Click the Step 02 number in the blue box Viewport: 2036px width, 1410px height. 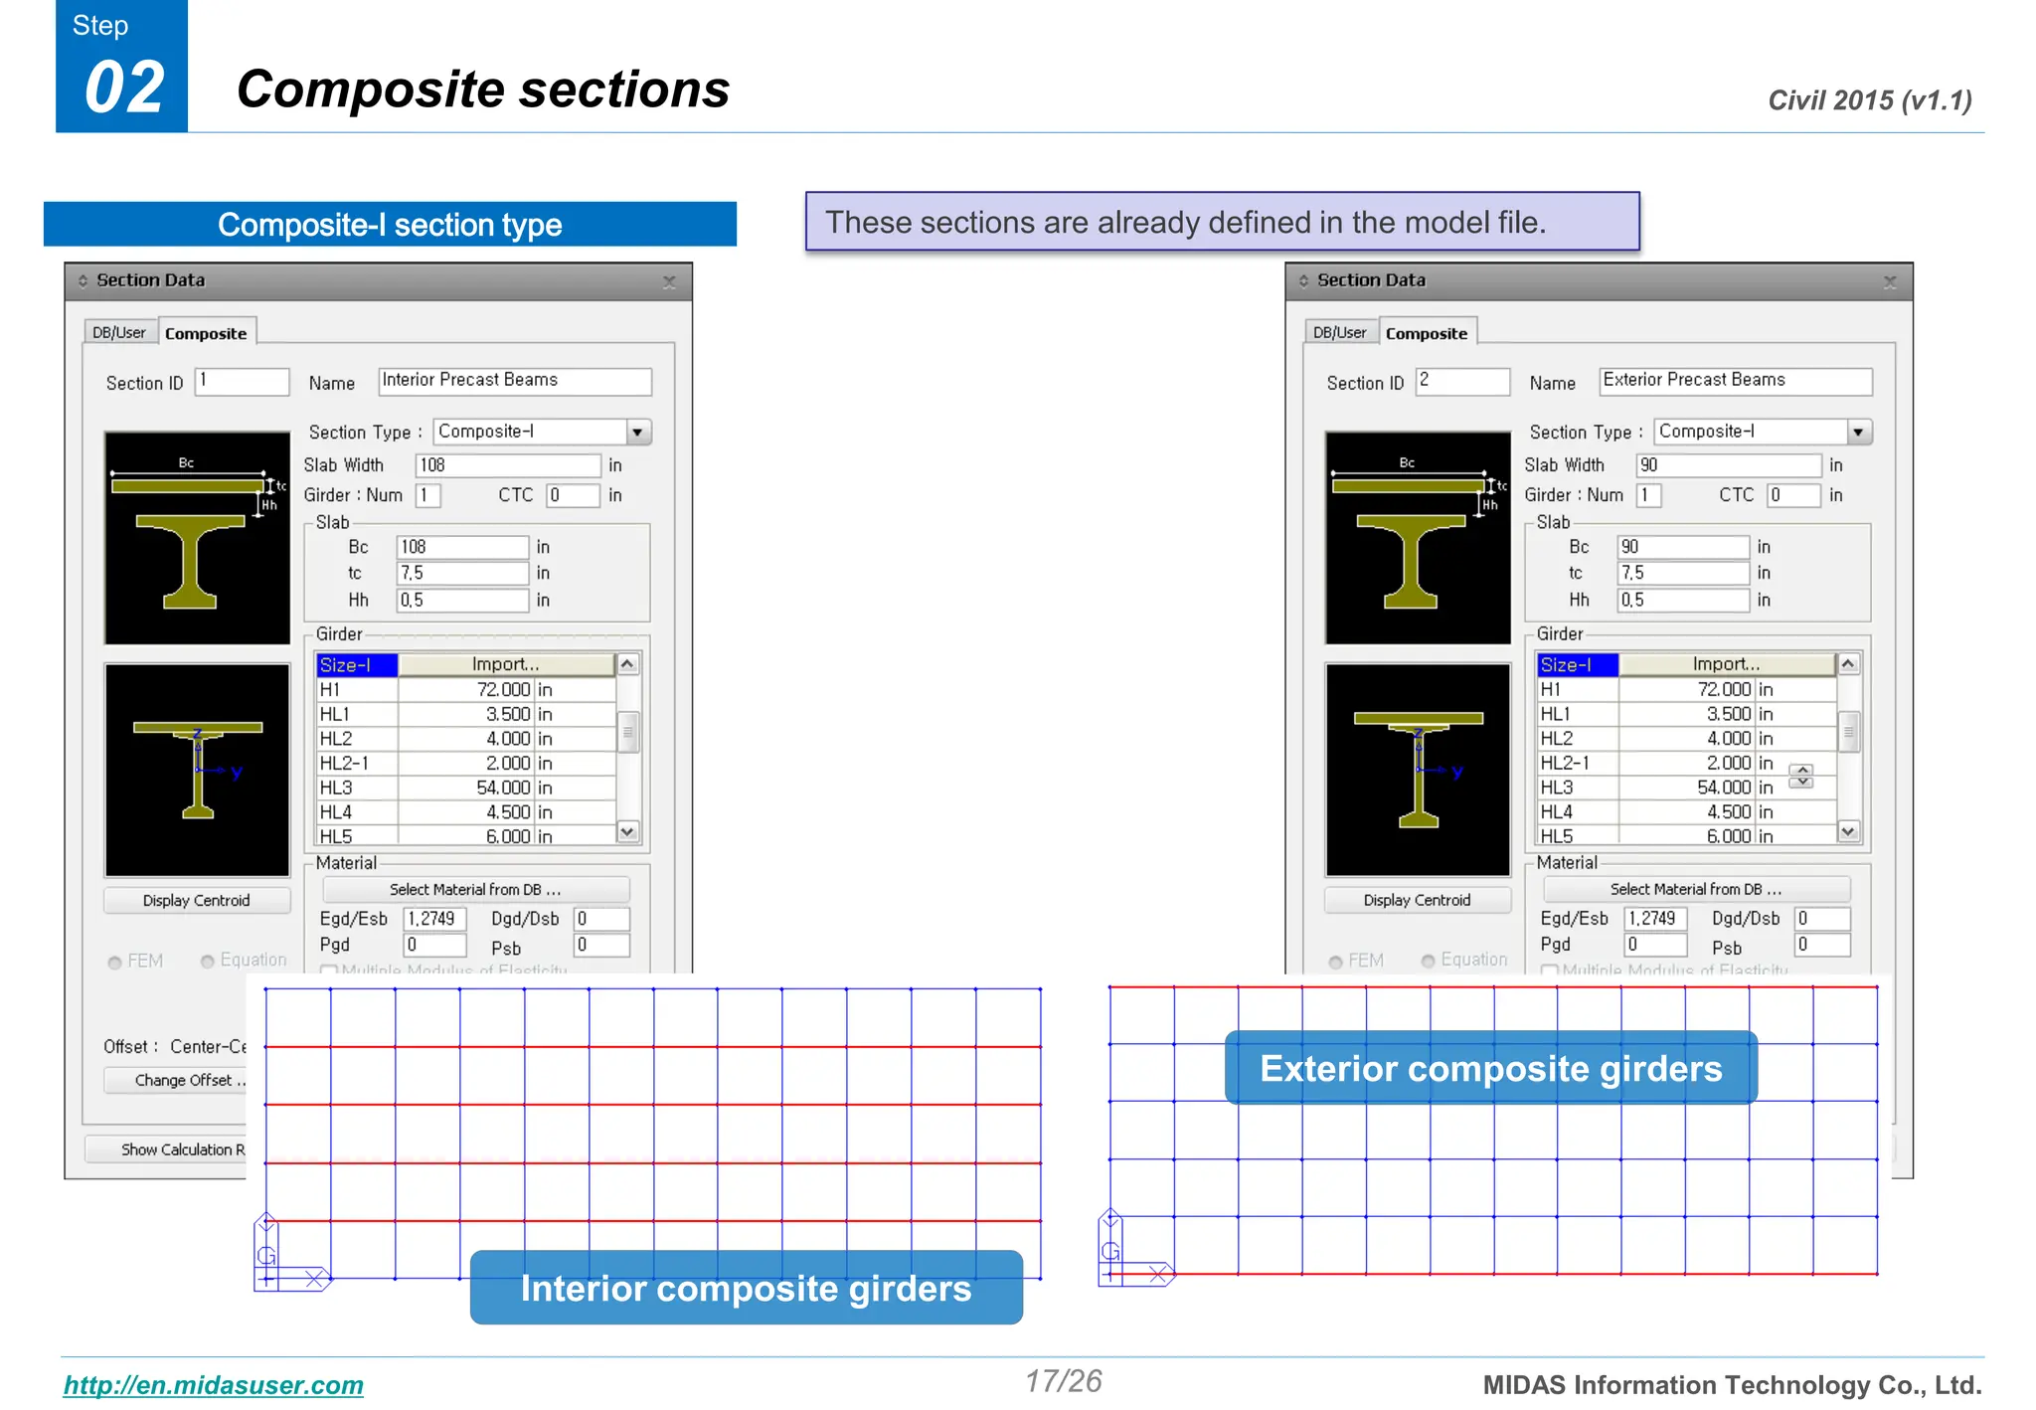click(124, 88)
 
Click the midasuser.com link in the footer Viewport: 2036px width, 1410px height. click(214, 1385)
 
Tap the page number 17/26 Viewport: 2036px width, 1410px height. click(1064, 1381)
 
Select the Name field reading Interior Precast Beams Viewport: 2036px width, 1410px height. click(515, 381)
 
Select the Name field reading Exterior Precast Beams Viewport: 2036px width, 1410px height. click(1736, 381)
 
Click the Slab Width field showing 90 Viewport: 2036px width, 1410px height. click(1728, 465)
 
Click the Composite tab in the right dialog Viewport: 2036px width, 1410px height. click(1427, 333)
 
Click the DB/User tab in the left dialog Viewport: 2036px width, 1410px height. click(119, 332)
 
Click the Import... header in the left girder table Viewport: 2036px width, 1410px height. click(506, 664)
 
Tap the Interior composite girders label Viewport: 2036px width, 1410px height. click(746, 1289)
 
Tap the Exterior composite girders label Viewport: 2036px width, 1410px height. click(1491, 1069)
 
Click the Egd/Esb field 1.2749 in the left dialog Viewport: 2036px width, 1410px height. click(434, 919)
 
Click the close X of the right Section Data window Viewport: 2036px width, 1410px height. click(1890, 282)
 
